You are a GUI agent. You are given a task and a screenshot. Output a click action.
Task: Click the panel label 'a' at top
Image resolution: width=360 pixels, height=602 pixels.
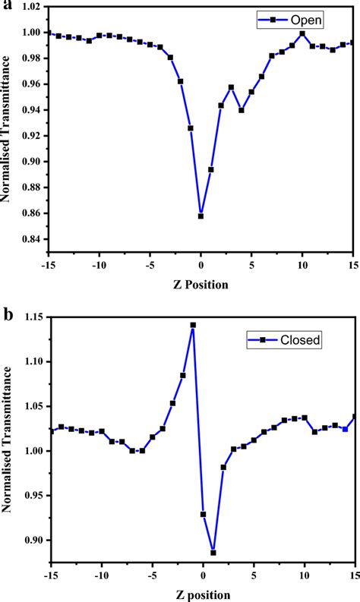(7, 6)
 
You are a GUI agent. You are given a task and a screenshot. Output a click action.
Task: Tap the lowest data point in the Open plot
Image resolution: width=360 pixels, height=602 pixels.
(201, 216)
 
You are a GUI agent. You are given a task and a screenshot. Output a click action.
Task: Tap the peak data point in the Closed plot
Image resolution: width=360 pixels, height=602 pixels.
(193, 325)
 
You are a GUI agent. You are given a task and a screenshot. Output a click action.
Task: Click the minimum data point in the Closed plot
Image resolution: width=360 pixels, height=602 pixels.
(213, 553)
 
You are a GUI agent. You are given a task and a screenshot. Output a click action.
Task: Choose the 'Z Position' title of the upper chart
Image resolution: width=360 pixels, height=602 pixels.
(201, 285)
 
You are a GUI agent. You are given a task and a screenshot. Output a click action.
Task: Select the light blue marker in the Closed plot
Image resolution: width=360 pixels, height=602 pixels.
(345, 429)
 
